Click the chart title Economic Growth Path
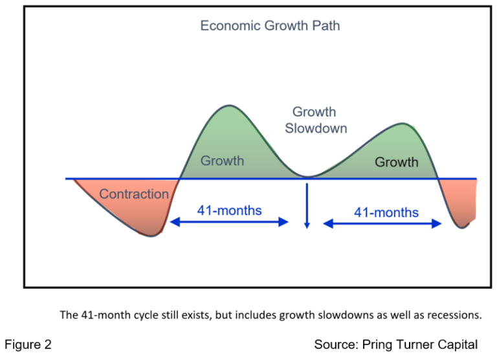point(270,26)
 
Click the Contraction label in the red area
point(134,194)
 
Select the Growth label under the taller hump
point(222,161)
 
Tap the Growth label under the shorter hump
point(396,161)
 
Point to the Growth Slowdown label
point(316,120)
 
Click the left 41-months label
point(230,210)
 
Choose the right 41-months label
point(386,212)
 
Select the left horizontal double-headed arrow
point(229,222)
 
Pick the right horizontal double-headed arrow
point(382,223)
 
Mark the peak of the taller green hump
point(228,106)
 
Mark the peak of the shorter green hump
point(403,123)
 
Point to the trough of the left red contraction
point(151,236)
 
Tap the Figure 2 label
point(28,344)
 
